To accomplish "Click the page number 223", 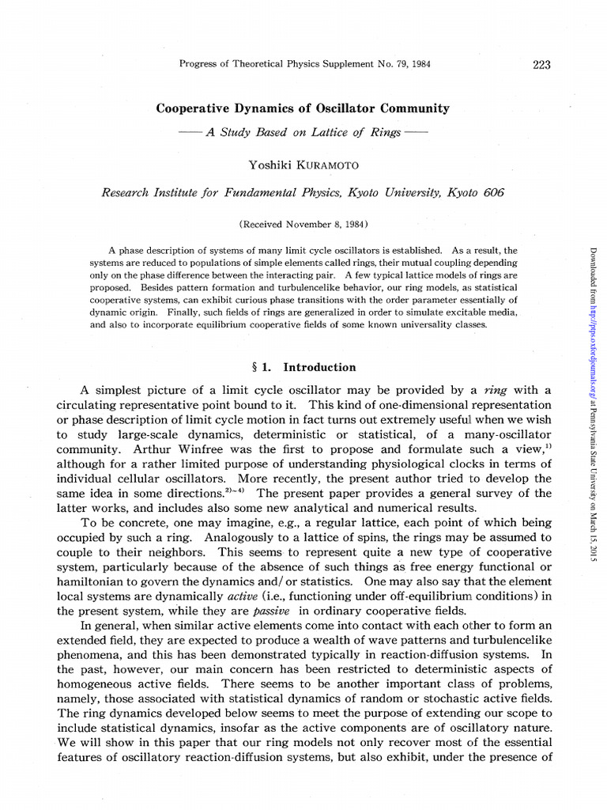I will pos(541,64).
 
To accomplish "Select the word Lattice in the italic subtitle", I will pos(320,132).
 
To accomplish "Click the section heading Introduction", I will pos(319,367).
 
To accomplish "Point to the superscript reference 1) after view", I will pos(546,446).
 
